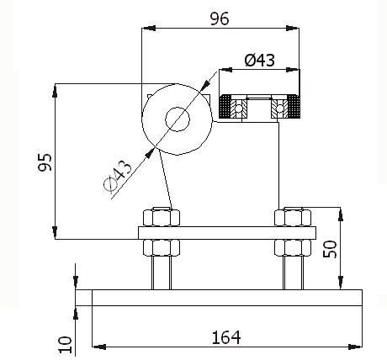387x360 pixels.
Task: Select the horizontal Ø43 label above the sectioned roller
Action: tap(259, 60)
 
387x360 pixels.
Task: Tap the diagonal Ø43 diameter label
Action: tap(119, 178)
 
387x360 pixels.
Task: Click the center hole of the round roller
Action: tap(177, 119)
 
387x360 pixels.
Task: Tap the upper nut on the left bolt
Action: tap(161, 217)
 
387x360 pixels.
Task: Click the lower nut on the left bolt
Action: tap(161, 248)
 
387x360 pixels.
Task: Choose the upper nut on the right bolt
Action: tap(294, 217)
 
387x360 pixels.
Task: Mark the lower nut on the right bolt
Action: tap(294, 248)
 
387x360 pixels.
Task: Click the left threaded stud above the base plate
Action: tap(161, 273)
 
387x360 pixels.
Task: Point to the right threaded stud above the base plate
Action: tap(294, 273)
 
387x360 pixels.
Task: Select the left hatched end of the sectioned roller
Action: tap(225, 107)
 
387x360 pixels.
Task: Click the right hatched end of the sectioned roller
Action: tap(294, 107)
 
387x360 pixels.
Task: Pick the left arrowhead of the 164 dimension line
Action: tap(95, 346)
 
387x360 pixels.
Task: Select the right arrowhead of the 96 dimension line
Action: tap(295, 28)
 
